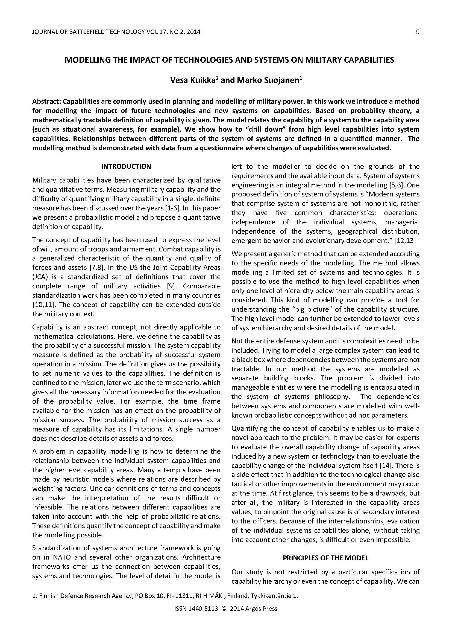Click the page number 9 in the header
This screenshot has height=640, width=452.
pos(418,32)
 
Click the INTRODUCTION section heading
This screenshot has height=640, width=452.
pos(126,167)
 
